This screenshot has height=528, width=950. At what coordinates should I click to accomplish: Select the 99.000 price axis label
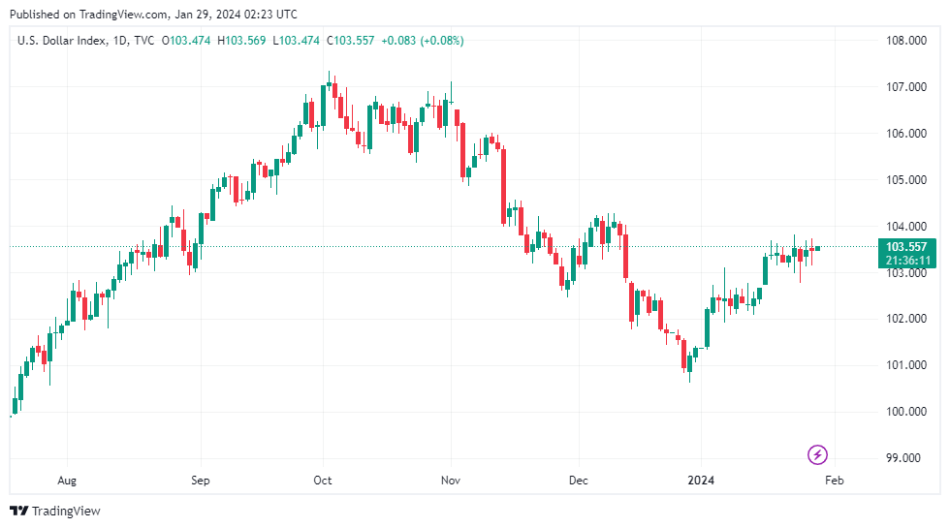[903, 458]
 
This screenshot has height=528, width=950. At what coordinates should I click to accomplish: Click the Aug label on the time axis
[67, 480]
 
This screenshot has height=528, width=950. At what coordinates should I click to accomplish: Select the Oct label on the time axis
[323, 480]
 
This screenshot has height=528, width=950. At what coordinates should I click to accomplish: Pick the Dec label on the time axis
[578, 480]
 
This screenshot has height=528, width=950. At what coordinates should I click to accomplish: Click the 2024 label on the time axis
[701, 480]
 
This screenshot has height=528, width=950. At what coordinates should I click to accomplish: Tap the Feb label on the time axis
[835, 480]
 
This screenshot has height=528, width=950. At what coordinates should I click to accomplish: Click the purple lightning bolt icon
[818, 453]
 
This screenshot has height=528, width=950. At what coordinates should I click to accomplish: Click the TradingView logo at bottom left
[55, 511]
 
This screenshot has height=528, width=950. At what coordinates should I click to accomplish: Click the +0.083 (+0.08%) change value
[423, 41]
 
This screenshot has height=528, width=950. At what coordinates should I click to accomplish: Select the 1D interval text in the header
[120, 41]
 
